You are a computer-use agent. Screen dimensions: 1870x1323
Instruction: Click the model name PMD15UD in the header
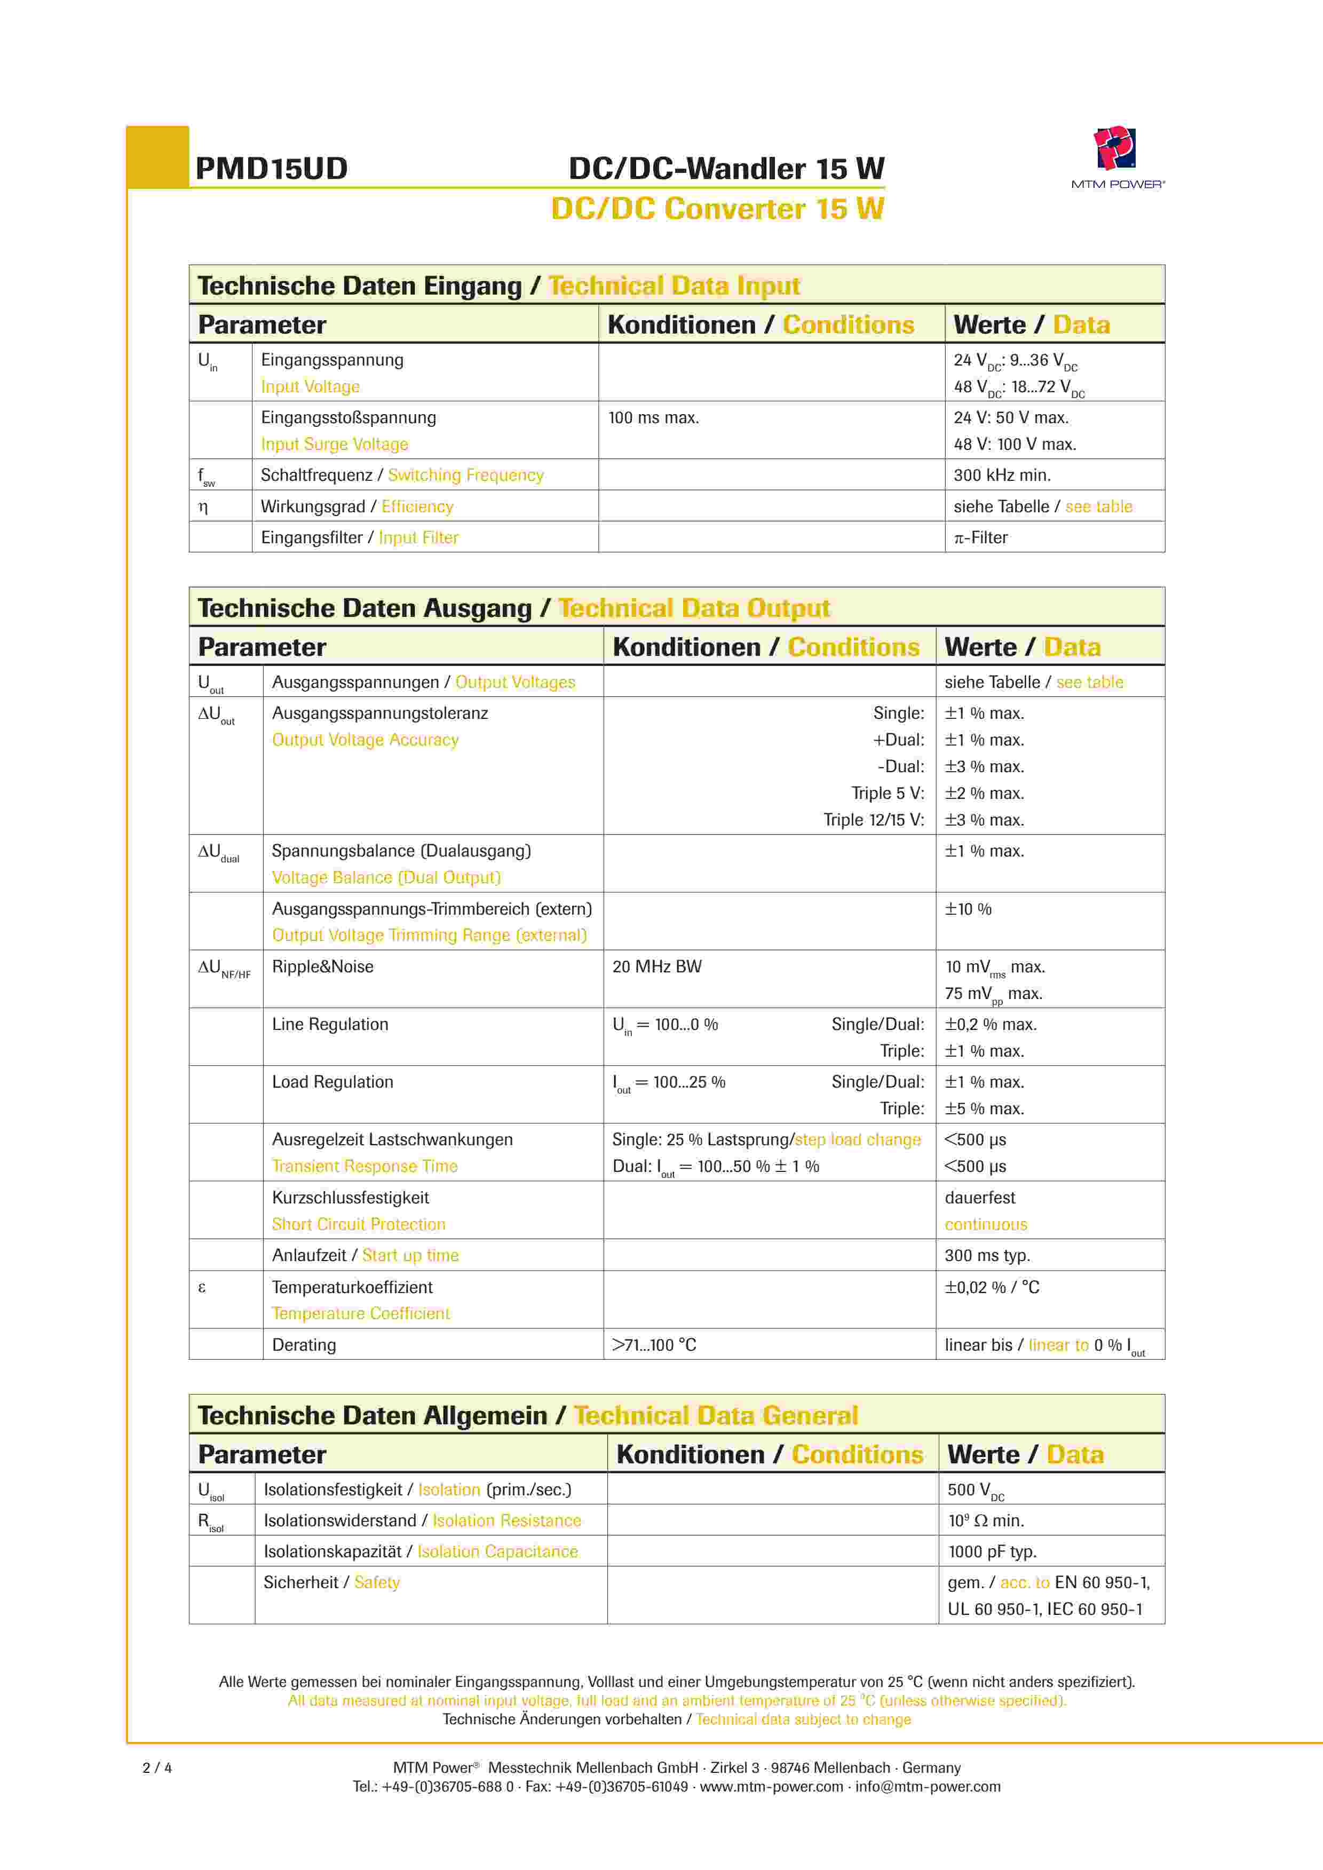pos(271,169)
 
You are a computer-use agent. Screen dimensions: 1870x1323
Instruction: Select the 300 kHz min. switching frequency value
pos(1001,475)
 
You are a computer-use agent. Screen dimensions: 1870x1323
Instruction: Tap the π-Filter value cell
pos(981,537)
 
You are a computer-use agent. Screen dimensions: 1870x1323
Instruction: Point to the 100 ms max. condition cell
pos(653,418)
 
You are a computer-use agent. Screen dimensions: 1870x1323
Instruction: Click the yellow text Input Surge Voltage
pos(334,445)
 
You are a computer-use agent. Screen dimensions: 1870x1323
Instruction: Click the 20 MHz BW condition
pos(656,967)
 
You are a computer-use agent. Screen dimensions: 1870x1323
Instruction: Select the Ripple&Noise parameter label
pos(322,967)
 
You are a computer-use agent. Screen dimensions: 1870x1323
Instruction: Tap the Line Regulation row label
pos(330,1025)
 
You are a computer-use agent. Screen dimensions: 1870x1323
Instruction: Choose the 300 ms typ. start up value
pos(987,1255)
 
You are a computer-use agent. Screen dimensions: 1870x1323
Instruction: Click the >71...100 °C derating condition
pos(654,1345)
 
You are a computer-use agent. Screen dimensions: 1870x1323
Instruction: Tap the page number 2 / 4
pos(157,1768)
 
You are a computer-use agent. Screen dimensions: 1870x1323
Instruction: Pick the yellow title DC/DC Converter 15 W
pos(717,209)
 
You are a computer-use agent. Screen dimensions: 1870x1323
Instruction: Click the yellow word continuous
pos(986,1225)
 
